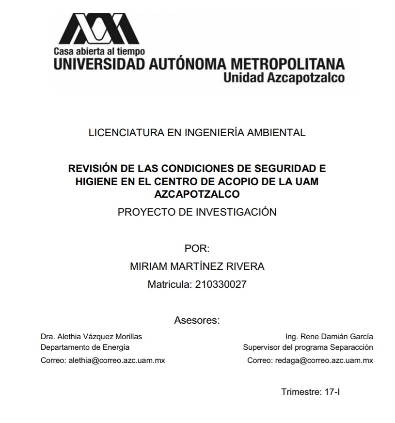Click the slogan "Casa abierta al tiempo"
(99, 51)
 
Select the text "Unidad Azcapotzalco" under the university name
(284, 78)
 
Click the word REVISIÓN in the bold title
(93, 169)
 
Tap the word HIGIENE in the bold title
(95, 181)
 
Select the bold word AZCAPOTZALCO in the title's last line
(197, 194)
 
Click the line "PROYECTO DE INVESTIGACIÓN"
(197, 212)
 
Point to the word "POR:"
(197, 249)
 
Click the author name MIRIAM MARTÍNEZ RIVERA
(197, 266)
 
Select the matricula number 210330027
(221, 285)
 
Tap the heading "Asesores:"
(197, 320)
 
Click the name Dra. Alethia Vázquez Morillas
(91, 336)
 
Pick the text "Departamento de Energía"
(85, 347)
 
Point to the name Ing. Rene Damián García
(330, 336)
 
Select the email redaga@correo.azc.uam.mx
(324, 360)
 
